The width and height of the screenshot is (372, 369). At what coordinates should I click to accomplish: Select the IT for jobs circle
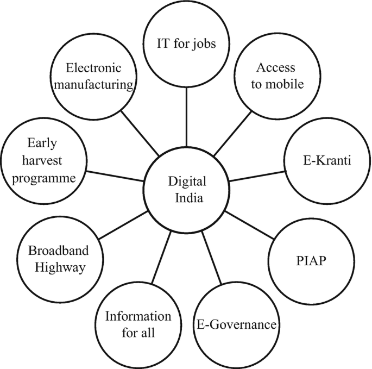(186, 43)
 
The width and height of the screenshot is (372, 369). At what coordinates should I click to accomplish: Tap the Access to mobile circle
(276, 77)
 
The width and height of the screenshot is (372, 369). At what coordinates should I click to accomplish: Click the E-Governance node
(236, 326)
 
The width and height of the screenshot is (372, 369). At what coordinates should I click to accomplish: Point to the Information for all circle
(138, 324)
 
